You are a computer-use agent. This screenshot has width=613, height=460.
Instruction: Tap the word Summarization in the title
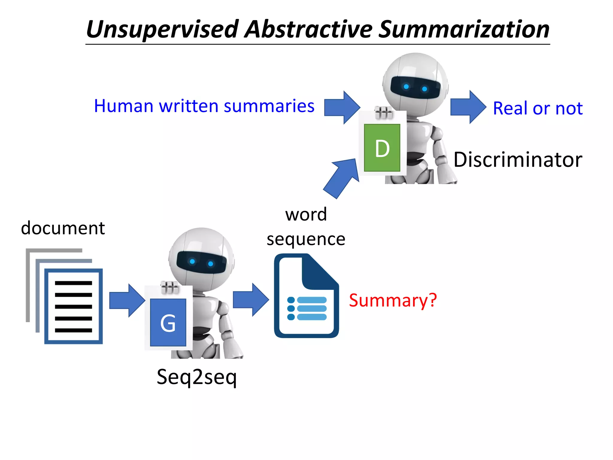pos(464,29)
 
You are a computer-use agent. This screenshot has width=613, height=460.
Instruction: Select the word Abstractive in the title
pos(308,29)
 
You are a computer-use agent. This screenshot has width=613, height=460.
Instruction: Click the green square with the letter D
pos(382,148)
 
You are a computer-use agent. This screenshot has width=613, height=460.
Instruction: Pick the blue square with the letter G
pos(168,323)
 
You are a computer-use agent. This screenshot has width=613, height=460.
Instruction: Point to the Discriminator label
pos(518,159)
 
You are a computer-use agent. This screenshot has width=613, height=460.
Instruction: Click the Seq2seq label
pos(197,377)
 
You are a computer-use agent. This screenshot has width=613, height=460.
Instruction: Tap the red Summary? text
pos(393,300)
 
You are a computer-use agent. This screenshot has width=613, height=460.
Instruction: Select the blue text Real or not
pos(538,108)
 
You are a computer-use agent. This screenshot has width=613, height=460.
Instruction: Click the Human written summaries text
pos(204,106)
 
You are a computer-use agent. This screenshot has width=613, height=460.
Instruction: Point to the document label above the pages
pos(63,228)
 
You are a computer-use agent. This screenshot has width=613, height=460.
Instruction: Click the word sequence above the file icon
pos(306,239)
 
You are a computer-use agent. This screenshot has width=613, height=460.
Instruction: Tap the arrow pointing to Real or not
pos(468,107)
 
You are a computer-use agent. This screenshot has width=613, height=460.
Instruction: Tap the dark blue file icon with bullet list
pos(306,296)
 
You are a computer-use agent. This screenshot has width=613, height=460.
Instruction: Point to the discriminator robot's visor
pos(415,87)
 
